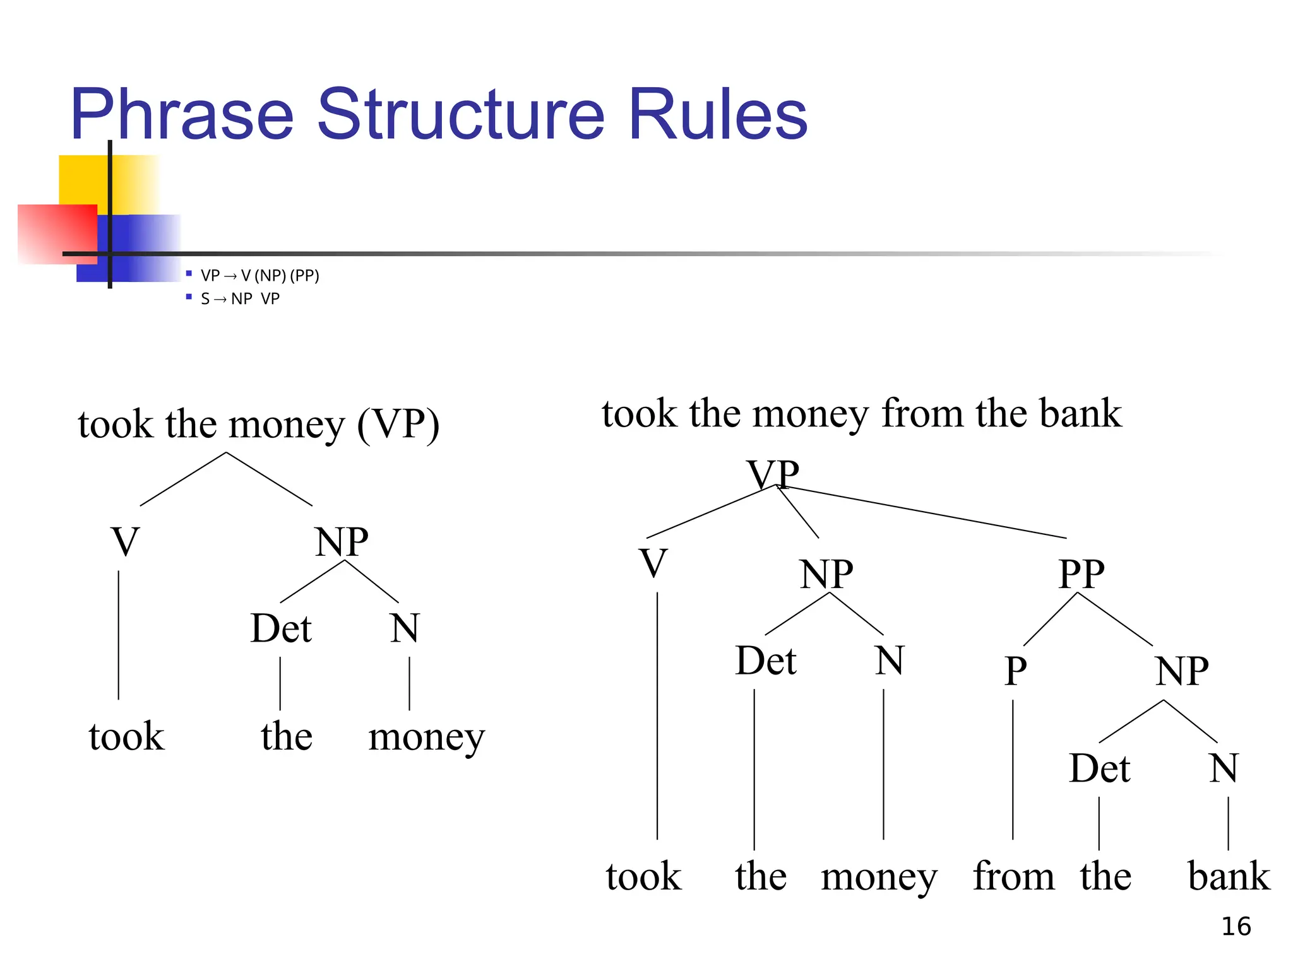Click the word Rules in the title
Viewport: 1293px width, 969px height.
pos(718,115)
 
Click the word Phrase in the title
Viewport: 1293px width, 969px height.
pos(182,115)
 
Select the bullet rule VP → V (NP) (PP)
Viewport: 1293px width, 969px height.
pos(259,276)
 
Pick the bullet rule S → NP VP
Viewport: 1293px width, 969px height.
pos(240,298)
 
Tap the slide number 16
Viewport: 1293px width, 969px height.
pos(1236,926)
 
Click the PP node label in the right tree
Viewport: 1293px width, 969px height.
pos(1081,573)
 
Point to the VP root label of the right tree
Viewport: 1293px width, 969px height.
pos(772,474)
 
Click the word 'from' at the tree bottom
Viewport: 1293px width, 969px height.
pos(1013,876)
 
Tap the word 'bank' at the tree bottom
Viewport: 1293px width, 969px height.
pos(1228,876)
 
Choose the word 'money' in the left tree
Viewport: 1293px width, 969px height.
pos(426,737)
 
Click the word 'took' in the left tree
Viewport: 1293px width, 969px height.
pos(126,737)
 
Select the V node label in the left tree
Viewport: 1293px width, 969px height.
pos(125,541)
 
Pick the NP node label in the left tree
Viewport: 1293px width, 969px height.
pos(341,541)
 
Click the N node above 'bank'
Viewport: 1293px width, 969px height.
pos(1224,768)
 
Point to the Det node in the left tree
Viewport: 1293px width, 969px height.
pos(280,628)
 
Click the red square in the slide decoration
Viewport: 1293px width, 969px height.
pos(57,233)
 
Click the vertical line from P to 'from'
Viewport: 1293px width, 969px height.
pos(1013,770)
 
